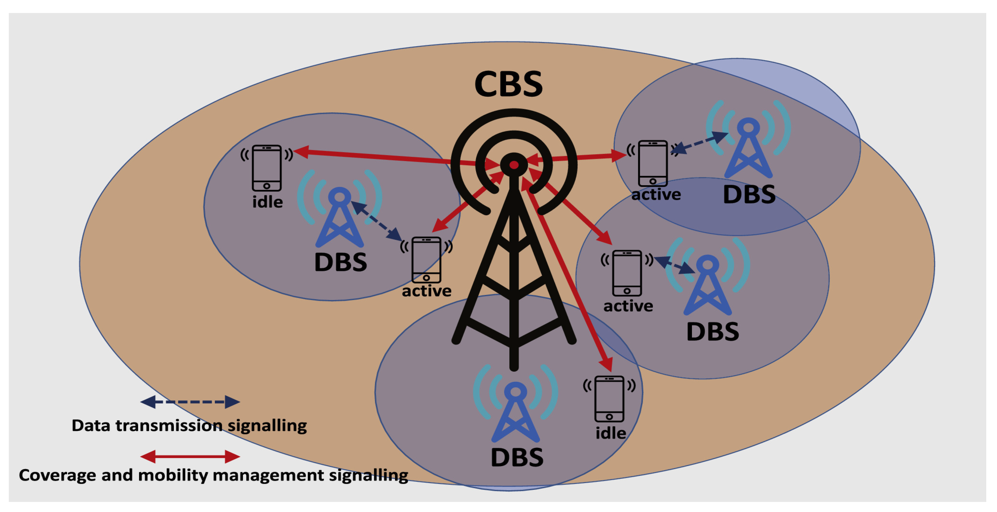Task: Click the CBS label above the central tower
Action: point(508,84)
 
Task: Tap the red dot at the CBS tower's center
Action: point(513,165)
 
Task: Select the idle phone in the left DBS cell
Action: point(267,168)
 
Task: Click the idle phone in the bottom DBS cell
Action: point(609,399)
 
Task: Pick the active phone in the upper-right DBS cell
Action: point(653,163)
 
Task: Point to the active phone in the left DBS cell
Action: point(426,260)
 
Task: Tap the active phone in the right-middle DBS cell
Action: point(627,273)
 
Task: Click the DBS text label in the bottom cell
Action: point(517,457)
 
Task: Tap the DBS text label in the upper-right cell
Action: point(749,194)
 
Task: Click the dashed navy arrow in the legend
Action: point(190,402)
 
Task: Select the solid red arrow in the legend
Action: point(190,456)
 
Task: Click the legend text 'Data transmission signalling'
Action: point(189,425)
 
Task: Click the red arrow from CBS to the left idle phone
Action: point(387,157)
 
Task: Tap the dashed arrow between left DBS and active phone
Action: point(376,220)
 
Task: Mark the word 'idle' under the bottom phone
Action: point(611,433)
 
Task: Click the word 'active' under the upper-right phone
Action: point(656,194)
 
